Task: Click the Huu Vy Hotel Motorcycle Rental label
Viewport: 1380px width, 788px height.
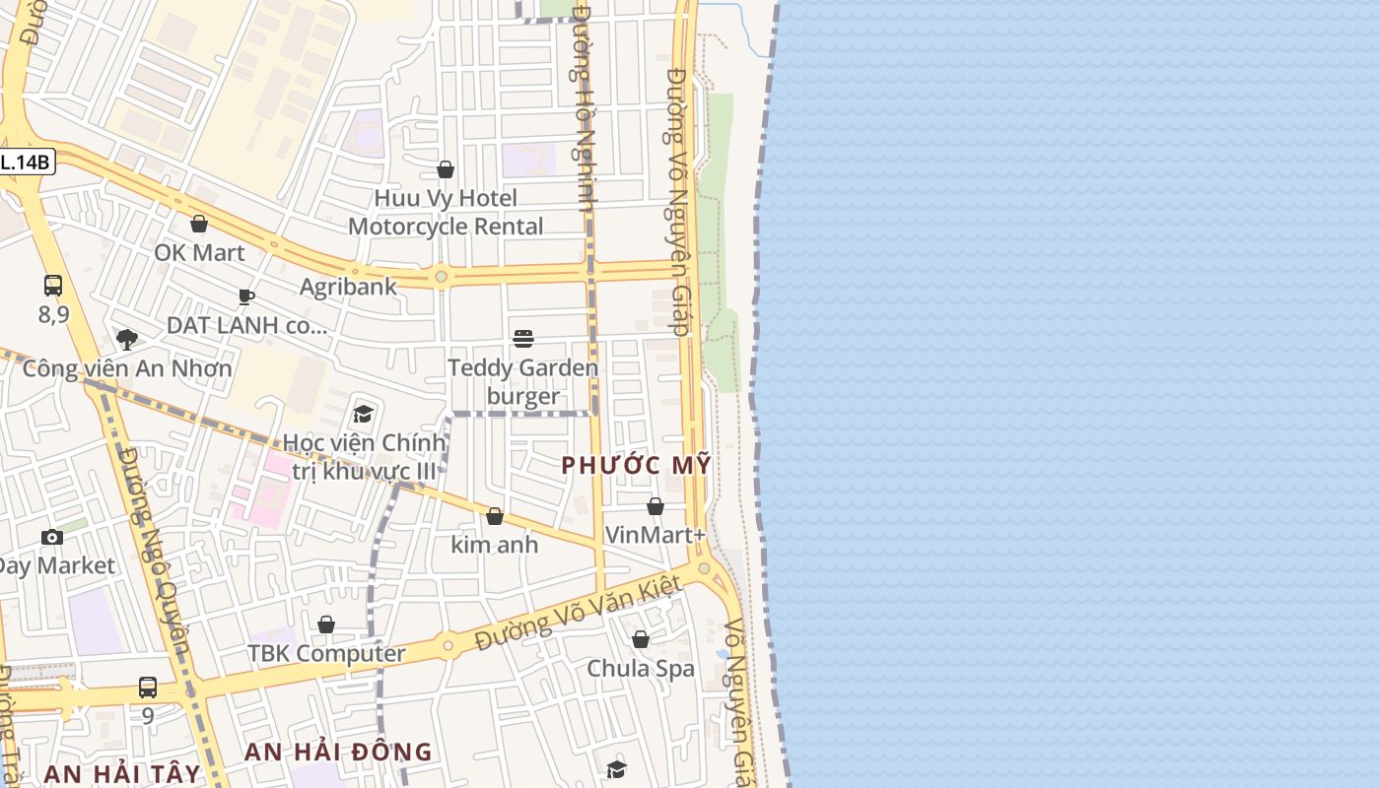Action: coord(446,212)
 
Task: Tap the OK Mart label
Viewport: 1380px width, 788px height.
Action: coord(199,252)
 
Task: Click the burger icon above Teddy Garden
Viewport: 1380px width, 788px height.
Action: coord(523,339)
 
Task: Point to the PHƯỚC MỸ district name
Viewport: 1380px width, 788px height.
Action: coord(636,465)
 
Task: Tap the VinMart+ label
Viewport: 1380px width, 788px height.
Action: coord(655,535)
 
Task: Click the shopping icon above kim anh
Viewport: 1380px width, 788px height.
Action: coord(495,516)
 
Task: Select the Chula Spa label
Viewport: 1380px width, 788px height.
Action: coord(641,669)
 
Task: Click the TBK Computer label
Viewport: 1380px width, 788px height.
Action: coord(326,653)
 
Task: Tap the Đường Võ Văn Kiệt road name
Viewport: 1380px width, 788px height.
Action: coord(579,612)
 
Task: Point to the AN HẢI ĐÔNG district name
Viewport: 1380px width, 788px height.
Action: coord(338,752)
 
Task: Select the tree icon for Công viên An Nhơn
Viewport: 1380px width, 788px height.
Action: coord(126,340)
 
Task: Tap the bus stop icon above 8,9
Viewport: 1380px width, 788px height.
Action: coord(53,286)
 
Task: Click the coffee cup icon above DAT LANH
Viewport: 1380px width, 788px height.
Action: coord(246,296)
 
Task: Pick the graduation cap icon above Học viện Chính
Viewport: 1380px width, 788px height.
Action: coord(364,414)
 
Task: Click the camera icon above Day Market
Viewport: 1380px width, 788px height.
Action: coord(52,537)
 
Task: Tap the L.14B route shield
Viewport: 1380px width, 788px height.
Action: coord(26,163)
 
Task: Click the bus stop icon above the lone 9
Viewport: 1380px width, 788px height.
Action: coord(148,687)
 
